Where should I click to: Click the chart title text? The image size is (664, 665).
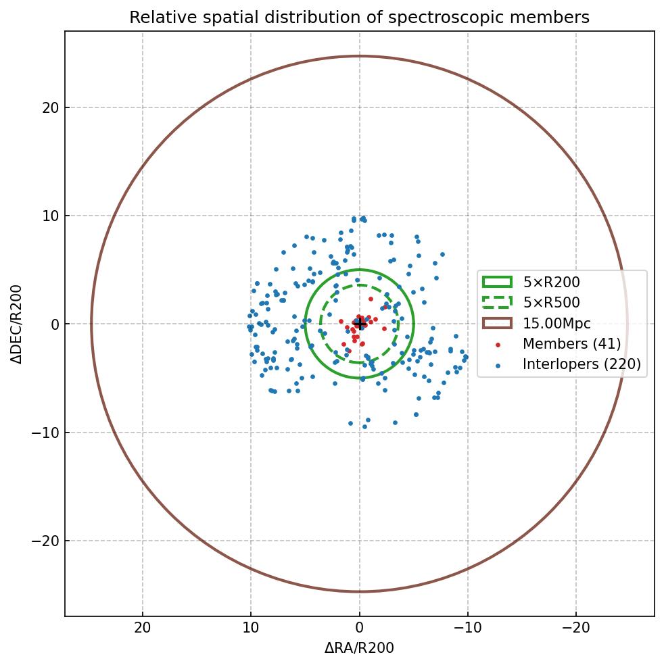tap(359, 18)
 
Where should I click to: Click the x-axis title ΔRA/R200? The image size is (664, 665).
tap(359, 648)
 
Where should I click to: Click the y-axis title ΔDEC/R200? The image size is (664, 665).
tap(17, 324)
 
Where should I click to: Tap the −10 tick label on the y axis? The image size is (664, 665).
tap(45, 433)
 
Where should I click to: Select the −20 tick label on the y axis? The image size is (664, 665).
tap(45, 541)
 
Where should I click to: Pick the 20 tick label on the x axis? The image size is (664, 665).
tap(143, 628)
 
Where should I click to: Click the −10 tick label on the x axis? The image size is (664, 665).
tap(467, 628)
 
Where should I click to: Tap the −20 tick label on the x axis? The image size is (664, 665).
tap(575, 628)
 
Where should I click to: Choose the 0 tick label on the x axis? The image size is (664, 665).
tap(359, 628)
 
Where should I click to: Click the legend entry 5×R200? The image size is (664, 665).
tap(551, 282)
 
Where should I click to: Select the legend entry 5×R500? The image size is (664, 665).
tap(551, 303)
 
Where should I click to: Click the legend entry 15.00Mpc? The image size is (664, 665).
tap(556, 324)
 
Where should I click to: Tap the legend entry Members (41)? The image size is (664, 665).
tap(571, 344)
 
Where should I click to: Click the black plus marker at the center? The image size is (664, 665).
tap(360, 324)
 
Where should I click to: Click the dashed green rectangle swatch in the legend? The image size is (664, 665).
tap(497, 302)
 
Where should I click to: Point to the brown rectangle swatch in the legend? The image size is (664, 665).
tap(497, 323)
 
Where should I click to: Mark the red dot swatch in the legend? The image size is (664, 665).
tap(498, 345)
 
